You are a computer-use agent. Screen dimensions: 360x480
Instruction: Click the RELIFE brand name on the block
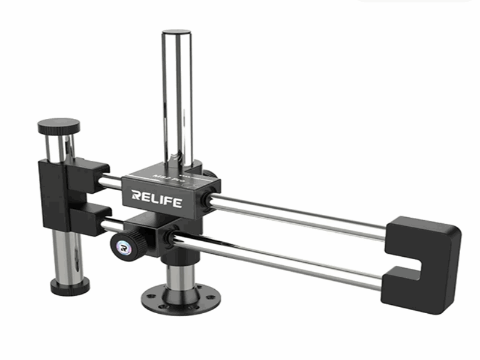(x=156, y=199)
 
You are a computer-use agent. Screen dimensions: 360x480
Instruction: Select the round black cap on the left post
(x=59, y=127)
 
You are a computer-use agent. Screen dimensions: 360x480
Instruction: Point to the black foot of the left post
(x=70, y=287)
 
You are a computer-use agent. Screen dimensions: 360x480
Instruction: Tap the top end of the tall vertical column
(x=176, y=33)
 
